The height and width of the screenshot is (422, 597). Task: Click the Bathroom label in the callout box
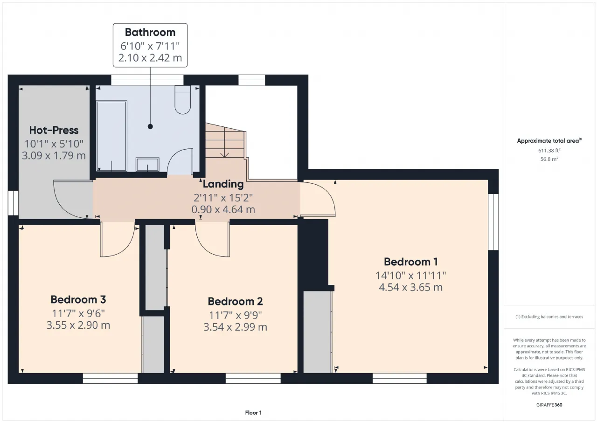pyautogui.click(x=150, y=32)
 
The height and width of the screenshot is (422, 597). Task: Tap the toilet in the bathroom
pyautogui.click(x=182, y=100)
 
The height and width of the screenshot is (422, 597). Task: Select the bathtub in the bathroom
pyautogui.click(x=111, y=136)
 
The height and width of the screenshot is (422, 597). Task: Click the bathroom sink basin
pyautogui.click(x=147, y=165)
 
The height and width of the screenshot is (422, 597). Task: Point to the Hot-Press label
pyautogui.click(x=54, y=130)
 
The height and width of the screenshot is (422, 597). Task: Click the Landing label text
pyautogui.click(x=223, y=184)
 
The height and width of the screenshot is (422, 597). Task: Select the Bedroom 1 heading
pyautogui.click(x=411, y=262)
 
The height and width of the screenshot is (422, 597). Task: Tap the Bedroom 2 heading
pyautogui.click(x=236, y=301)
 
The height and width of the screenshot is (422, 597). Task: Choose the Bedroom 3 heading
pyautogui.click(x=78, y=299)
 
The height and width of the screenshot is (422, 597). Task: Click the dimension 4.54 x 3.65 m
pyautogui.click(x=411, y=287)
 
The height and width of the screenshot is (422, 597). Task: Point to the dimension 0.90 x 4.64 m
pyautogui.click(x=223, y=209)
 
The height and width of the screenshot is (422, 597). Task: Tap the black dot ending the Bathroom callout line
pyautogui.click(x=150, y=126)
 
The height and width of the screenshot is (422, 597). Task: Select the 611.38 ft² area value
pyautogui.click(x=549, y=151)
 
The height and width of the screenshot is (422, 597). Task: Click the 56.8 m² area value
pyautogui.click(x=549, y=159)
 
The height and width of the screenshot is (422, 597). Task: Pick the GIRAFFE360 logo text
pyautogui.click(x=549, y=405)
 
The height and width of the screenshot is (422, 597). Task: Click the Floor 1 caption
pyautogui.click(x=253, y=413)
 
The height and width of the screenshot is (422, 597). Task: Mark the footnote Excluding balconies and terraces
pyautogui.click(x=549, y=317)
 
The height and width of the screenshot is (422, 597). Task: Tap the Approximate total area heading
pyautogui.click(x=549, y=141)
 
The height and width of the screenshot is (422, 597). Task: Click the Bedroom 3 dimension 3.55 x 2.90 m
pyautogui.click(x=78, y=325)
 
